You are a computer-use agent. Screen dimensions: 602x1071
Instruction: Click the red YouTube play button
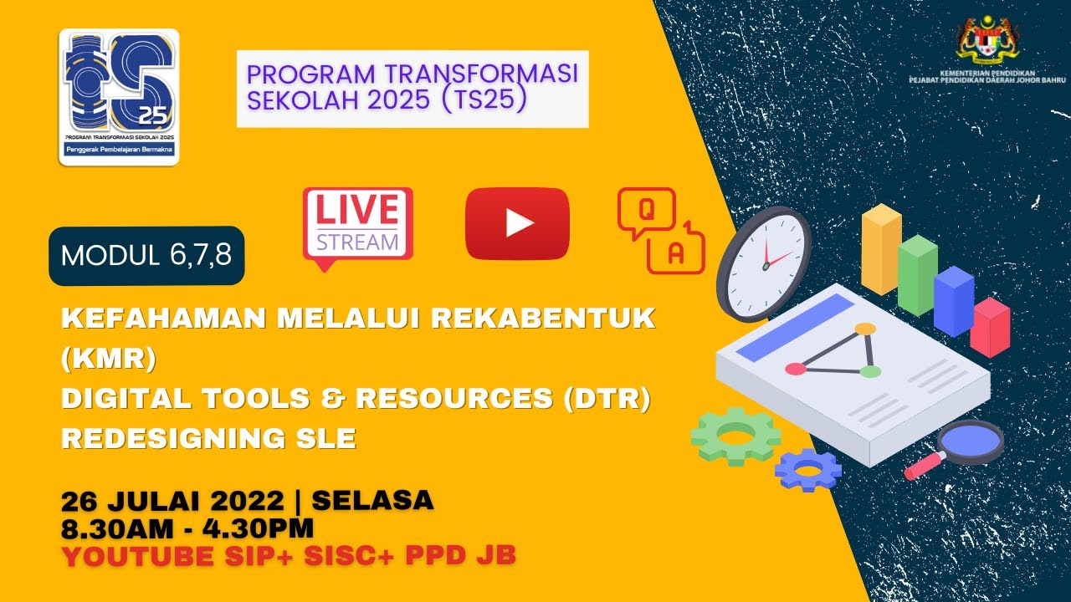coord(517,223)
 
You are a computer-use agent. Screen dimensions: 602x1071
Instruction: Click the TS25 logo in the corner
coord(118,96)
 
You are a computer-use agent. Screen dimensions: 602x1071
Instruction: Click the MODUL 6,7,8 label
coord(146,256)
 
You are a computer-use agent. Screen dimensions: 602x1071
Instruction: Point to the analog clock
coord(764,263)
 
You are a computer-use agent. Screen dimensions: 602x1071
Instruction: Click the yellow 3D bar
coord(881,248)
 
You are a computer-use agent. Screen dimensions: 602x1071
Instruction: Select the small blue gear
coord(807,469)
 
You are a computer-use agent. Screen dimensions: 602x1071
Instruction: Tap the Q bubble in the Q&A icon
coord(645,210)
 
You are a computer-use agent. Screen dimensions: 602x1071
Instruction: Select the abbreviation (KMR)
coord(110,359)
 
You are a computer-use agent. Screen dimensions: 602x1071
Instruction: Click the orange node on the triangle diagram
coord(865,329)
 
